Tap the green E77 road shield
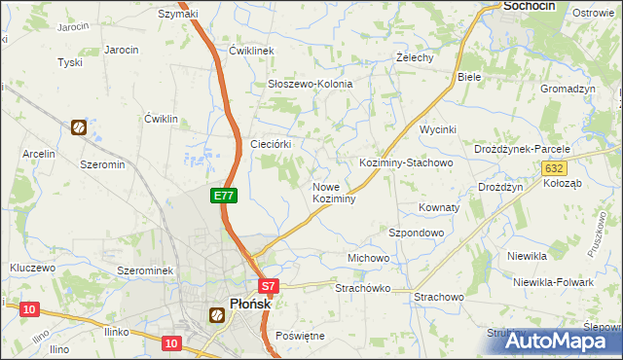pyautogui.click(x=224, y=196)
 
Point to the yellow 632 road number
pyautogui.click(x=552, y=168)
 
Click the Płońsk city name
pyautogui.click(x=249, y=304)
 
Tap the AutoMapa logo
pyautogui.click(x=563, y=341)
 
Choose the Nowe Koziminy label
pyautogui.click(x=333, y=193)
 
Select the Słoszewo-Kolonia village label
pyautogui.click(x=310, y=85)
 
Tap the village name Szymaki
pyautogui.click(x=178, y=14)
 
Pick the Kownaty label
pyautogui.click(x=438, y=208)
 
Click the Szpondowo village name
pyautogui.click(x=417, y=234)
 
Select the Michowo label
pyautogui.click(x=369, y=258)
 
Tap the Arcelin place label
pyautogui.click(x=39, y=154)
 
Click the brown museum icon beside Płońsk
pyautogui.click(x=218, y=313)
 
